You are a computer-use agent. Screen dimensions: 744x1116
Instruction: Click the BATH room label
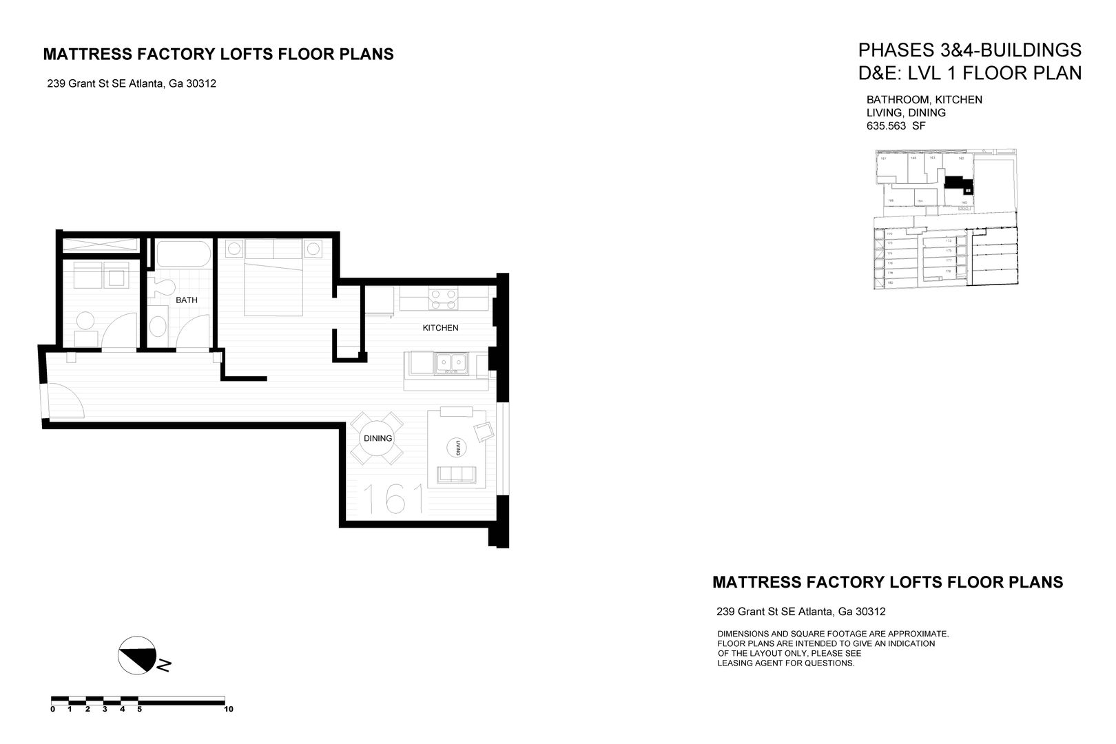[x=186, y=300]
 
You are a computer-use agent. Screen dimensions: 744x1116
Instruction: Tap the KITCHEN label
[x=440, y=328]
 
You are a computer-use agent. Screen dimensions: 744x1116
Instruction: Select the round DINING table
[x=378, y=438]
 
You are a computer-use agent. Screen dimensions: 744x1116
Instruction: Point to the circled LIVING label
[x=456, y=448]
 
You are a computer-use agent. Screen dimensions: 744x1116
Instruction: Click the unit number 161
[x=393, y=499]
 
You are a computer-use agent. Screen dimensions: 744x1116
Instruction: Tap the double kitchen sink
[x=450, y=362]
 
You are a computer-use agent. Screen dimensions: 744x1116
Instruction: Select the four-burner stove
[x=442, y=299]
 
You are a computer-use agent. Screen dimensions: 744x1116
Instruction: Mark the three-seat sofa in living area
[x=456, y=474]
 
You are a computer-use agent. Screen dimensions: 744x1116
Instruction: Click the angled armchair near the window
[x=484, y=432]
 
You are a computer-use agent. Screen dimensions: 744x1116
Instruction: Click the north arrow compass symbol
[x=136, y=654]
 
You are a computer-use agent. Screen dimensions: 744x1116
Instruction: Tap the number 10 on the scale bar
[x=229, y=709]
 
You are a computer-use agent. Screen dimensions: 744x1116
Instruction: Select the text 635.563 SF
[x=896, y=126]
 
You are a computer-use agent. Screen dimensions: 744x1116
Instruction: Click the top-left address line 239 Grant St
[x=132, y=84]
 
